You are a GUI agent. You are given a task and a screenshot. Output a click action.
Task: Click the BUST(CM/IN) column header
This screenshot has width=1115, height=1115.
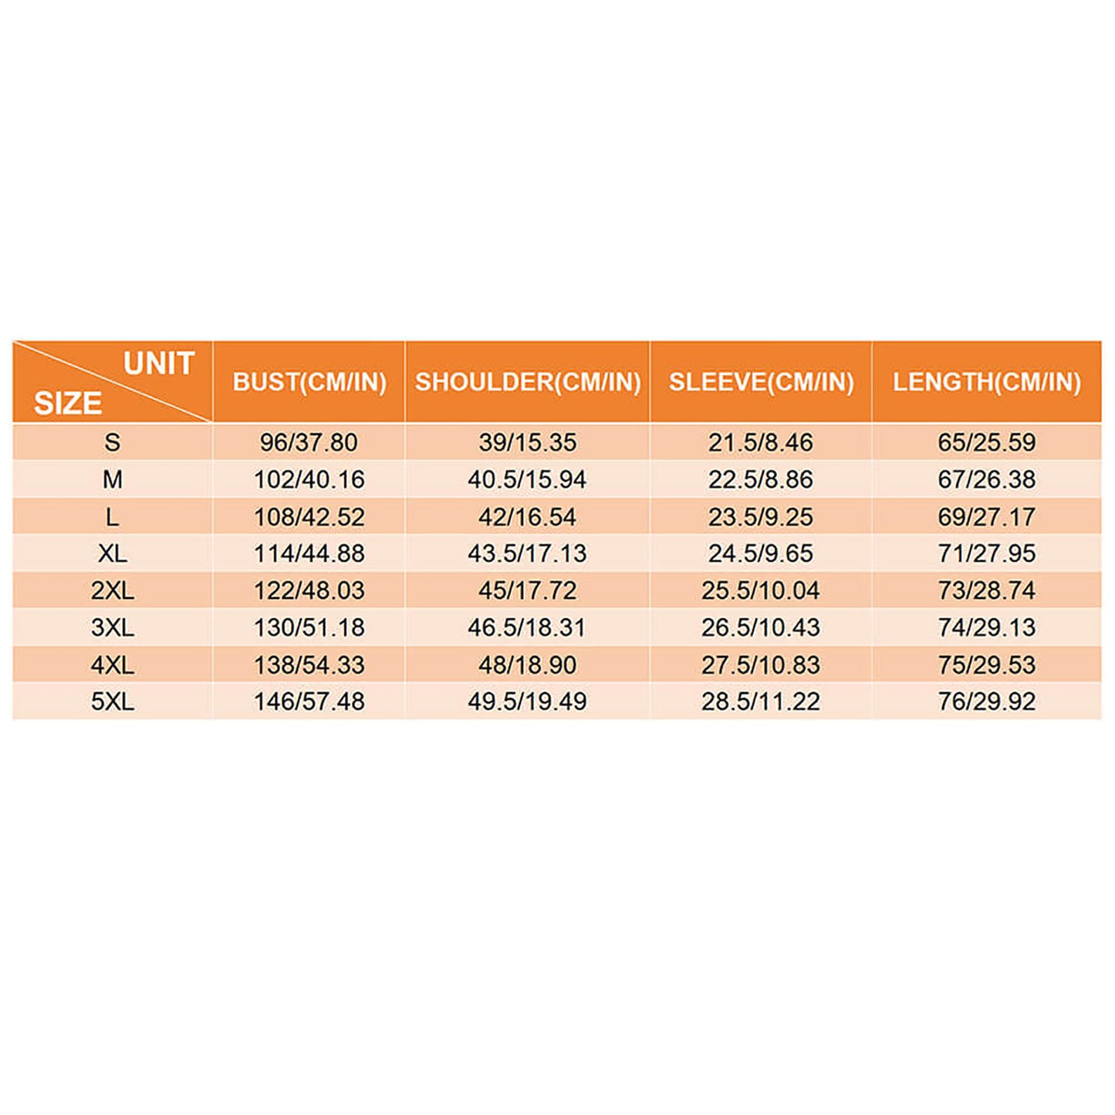tap(309, 382)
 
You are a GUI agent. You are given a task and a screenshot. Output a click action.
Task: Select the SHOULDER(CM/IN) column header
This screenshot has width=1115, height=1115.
tap(528, 382)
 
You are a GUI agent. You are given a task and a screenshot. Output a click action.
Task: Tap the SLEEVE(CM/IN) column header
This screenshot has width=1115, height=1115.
tap(761, 382)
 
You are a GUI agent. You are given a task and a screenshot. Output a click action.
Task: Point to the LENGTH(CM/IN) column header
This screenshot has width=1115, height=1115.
tap(987, 382)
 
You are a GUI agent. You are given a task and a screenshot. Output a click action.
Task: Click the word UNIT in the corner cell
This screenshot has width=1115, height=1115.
tap(159, 363)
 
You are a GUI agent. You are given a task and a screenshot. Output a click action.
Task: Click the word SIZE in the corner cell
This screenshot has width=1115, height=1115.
tap(68, 404)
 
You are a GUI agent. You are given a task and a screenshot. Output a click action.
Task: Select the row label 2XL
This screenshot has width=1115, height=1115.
tap(113, 590)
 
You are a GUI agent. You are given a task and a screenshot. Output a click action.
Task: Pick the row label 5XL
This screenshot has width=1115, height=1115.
tap(113, 701)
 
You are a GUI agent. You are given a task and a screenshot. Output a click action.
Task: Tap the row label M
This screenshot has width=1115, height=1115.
tap(113, 479)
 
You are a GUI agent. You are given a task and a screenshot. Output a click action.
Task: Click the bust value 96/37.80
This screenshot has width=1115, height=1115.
tap(309, 442)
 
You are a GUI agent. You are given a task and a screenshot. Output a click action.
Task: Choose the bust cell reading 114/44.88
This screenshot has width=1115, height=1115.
tap(309, 553)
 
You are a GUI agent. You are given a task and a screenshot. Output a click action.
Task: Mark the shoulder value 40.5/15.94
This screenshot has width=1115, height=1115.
tap(527, 479)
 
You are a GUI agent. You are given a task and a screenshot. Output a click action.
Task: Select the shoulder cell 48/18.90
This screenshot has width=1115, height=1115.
tap(527, 664)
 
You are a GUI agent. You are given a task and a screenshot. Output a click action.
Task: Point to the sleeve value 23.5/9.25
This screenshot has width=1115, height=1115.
tap(761, 516)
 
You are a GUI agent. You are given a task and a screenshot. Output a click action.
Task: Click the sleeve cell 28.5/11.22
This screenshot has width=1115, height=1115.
tap(761, 701)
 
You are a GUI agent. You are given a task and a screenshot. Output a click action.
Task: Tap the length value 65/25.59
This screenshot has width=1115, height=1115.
tap(987, 442)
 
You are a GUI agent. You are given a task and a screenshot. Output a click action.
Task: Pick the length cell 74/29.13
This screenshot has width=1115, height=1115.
tap(987, 627)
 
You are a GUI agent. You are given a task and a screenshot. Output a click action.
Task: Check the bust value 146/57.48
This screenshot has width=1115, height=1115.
tap(309, 701)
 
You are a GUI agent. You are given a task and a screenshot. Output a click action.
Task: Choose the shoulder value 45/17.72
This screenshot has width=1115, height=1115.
tap(527, 590)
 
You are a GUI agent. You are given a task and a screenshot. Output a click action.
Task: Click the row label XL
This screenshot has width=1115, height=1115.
tap(113, 553)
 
